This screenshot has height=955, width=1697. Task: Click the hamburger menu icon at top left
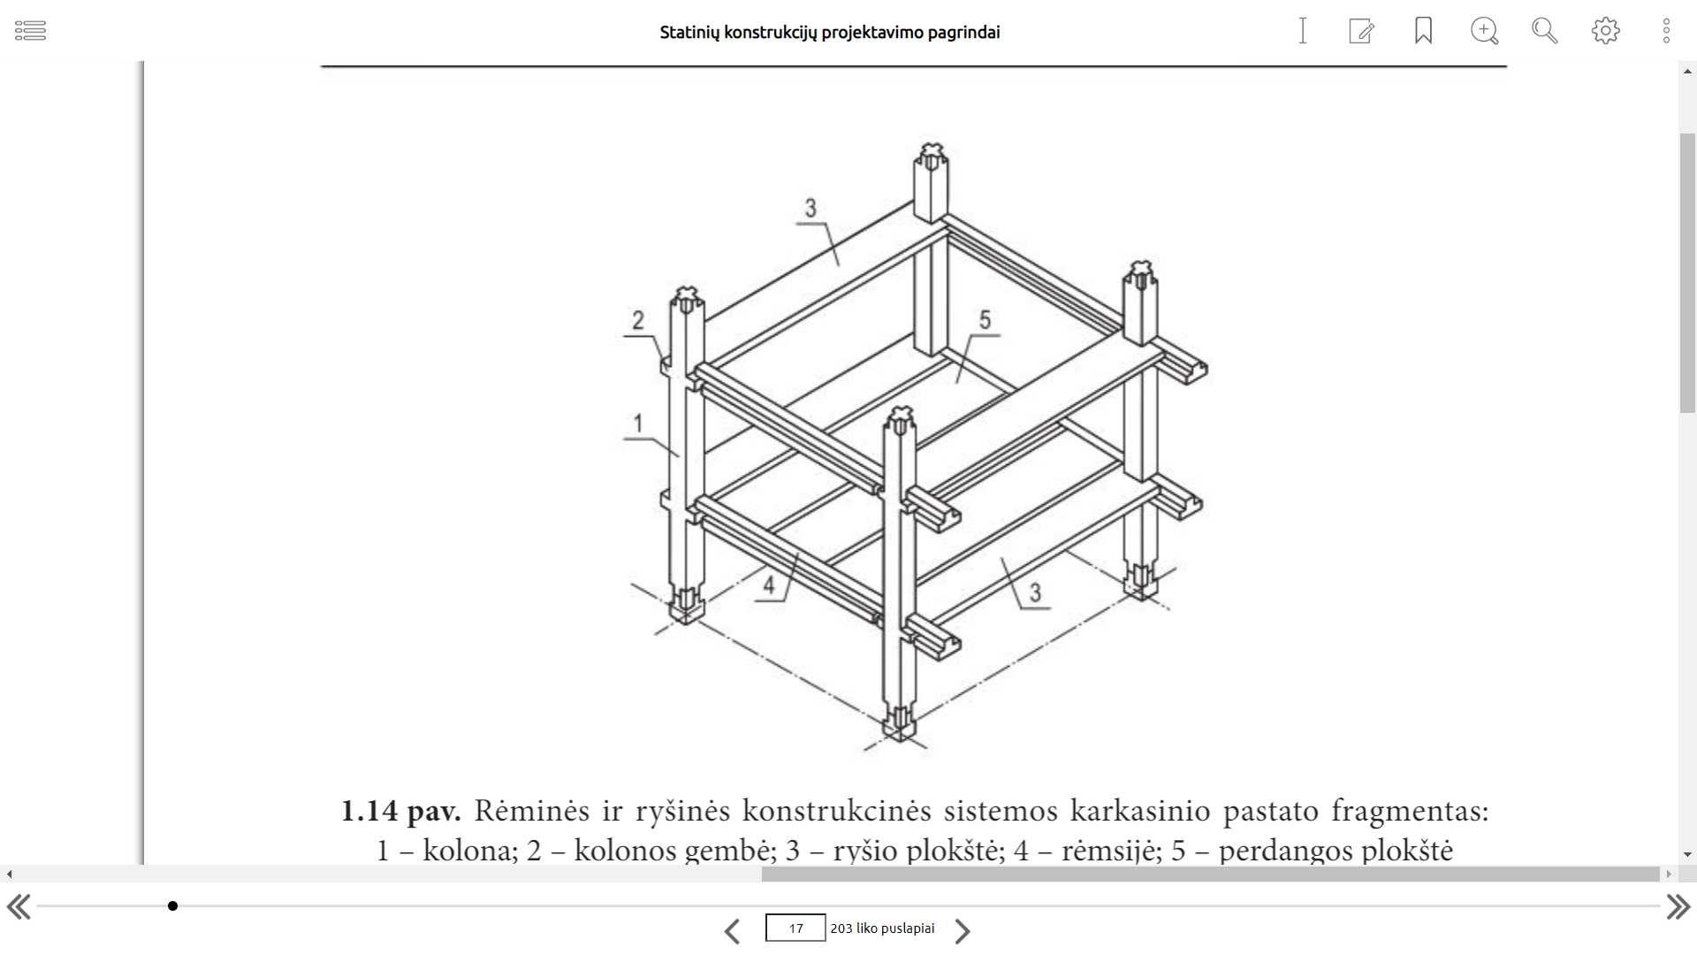[30, 31]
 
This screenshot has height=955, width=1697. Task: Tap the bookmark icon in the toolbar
[1423, 31]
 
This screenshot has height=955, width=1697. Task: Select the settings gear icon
[1605, 31]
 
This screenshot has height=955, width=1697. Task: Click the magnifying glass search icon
[1544, 31]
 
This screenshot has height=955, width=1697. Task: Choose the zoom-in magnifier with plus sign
[1484, 31]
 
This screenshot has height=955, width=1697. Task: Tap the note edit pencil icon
[1361, 31]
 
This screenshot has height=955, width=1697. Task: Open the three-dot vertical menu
[1666, 31]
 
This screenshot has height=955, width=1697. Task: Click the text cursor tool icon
[1302, 31]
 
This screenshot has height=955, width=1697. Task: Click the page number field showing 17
[795, 928]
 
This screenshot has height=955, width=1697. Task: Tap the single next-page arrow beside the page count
[963, 931]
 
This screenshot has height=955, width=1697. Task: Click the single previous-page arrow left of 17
[732, 931]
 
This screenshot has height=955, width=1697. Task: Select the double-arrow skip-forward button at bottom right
[1678, 907]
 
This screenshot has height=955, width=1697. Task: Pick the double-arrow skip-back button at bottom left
[19, 907]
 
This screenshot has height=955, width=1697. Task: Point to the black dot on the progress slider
[173, 905]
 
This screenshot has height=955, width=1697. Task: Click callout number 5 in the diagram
[985, 320]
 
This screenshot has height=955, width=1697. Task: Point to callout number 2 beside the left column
[638, 320]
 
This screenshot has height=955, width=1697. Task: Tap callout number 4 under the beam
[769, 584]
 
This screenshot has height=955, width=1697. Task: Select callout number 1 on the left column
[638, 424]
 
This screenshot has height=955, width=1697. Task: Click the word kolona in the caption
[469, 851]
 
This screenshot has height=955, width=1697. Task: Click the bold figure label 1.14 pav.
[400, 811]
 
